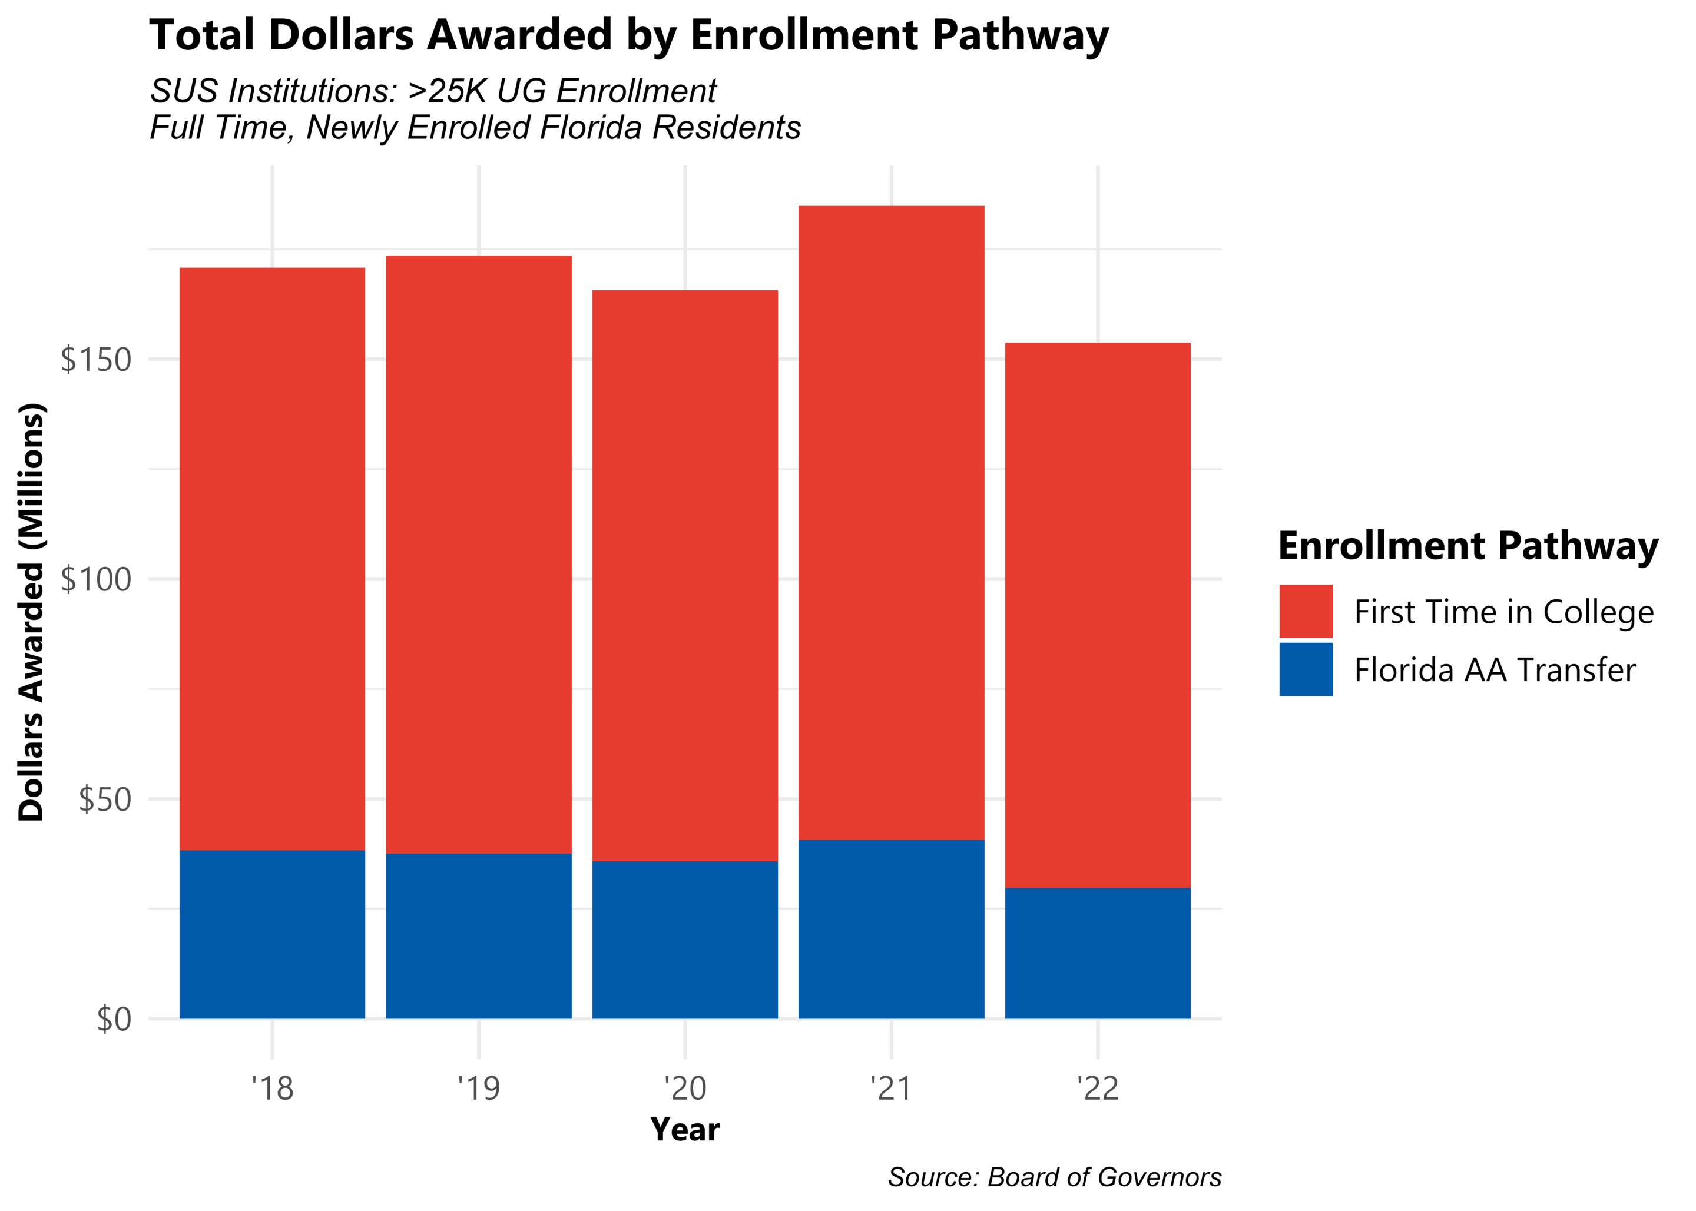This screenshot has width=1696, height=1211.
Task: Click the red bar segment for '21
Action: [890, 522]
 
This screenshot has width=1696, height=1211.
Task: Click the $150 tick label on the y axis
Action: [95, 360]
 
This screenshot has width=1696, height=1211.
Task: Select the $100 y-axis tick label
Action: [95, 579]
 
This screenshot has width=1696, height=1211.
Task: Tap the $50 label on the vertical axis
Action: [104, 799]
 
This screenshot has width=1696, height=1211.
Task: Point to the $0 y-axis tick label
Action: [114, 1018]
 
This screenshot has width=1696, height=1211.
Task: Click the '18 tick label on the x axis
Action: [272, 1089]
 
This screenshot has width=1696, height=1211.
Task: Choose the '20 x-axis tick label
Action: [685, 1089]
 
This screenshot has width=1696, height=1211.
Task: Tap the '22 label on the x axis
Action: [1097, 1089]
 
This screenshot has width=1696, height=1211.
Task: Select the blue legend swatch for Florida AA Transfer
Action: [1305, 669]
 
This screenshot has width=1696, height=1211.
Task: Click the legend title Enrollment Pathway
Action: [1468, 546]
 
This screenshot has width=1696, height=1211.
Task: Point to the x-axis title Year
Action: [685, 1130]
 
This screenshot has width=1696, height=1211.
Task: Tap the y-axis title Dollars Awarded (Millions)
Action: [31, 612]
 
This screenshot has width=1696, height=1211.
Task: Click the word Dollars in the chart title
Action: [341, 35]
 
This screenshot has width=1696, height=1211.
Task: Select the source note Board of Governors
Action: [1104, 1177]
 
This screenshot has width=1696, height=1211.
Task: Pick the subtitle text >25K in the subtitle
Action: [448, 91]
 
